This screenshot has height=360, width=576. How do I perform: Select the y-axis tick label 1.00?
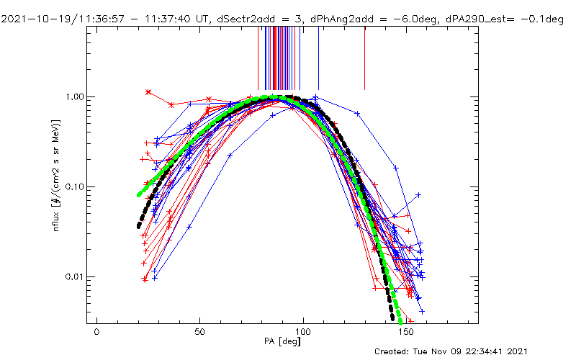(73, 96)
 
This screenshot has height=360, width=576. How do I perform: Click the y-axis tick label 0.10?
(73, 186)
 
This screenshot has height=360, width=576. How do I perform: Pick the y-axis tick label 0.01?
(73, 276)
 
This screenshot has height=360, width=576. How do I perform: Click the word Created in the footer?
(395, 352)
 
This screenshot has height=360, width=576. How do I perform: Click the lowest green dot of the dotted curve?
(400, 321)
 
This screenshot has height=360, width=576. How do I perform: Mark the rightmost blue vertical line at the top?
(318, 58)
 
